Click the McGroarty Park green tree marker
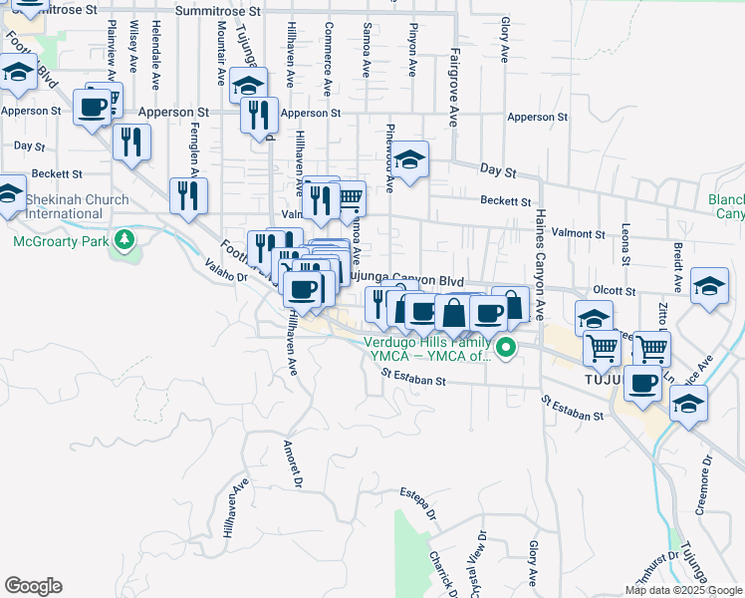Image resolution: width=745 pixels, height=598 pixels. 124,240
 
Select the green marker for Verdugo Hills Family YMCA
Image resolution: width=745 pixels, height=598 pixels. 506,348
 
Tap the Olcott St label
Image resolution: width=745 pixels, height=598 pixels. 614,291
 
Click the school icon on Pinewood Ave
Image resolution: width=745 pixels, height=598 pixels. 408,157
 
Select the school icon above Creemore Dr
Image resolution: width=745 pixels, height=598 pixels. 688,403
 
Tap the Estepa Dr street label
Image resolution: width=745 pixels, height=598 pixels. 418,502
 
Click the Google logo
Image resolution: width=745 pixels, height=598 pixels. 33,586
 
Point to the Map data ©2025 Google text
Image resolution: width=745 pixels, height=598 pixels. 681,590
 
